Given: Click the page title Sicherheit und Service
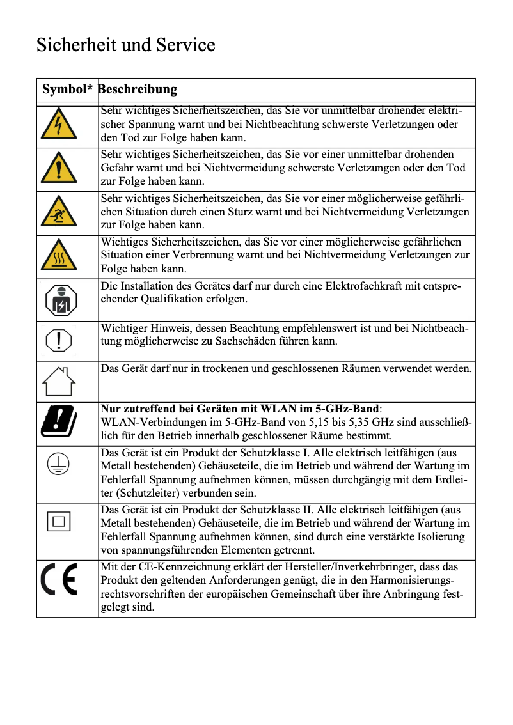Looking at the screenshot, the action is tap(125, 45).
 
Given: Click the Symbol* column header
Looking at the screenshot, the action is tap(67, 90).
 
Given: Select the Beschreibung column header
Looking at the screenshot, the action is tap(138, 90).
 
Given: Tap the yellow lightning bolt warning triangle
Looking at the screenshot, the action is tap(59, 125).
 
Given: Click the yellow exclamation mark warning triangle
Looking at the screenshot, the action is tap(59, 169).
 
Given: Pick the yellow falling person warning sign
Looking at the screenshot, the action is tap(59, 212).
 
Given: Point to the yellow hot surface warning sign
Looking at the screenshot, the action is tap(59, 256).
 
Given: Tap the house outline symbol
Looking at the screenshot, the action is tap(59, 382).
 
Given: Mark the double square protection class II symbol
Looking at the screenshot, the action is tap(59, 521).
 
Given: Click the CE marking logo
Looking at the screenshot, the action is tap(59, 580).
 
